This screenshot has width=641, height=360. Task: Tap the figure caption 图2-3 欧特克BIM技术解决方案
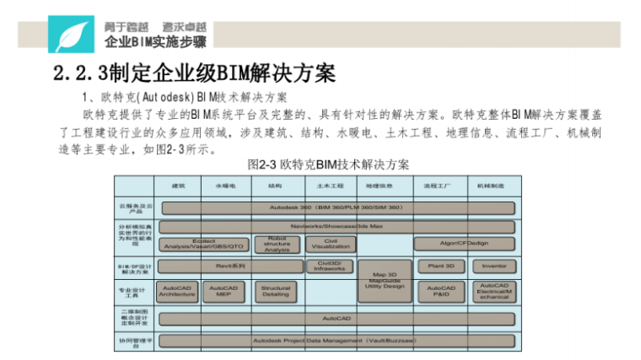(x=330, y=164)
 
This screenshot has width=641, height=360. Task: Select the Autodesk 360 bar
(x=337, y=207)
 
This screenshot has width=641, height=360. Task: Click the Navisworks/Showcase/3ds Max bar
(x=337, y=227)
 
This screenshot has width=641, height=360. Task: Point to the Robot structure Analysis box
(x=277, y=244)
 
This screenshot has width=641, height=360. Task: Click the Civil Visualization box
(x=331, y=244)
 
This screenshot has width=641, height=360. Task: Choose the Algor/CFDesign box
(x=463, y=244)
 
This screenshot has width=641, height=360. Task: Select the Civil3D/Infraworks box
(x=330, y=266)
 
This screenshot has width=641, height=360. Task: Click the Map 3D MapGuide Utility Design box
(x=385, y=280)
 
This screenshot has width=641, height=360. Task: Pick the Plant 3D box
(x=441, y=266)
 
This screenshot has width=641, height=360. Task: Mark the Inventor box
(x=494, y=266)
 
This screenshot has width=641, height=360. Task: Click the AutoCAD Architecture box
(x=177, y=291)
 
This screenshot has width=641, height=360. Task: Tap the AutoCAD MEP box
(x=224, y=291)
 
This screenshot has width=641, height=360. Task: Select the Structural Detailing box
(x=276, y=291)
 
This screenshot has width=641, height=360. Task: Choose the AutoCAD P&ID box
(x=441, y=291)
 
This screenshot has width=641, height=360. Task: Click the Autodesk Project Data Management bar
(x=337, y=341)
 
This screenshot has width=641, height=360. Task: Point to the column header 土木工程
(x=330, y=185)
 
